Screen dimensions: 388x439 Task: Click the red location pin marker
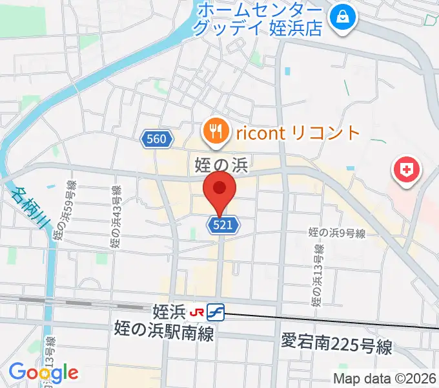[219, 189]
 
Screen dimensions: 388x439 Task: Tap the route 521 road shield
[224, 225]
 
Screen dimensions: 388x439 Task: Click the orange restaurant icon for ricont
[215, 133]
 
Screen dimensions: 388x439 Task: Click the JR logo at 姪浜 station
[196, 312]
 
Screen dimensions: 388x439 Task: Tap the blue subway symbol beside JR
[216, 312]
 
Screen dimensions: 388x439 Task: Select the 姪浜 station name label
[170, 312]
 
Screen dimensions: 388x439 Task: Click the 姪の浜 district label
[221, 166]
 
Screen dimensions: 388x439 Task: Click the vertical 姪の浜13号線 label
[317, 275]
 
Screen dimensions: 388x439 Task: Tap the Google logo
[43, 372]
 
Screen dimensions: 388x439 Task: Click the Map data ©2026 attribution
[385, 378]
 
